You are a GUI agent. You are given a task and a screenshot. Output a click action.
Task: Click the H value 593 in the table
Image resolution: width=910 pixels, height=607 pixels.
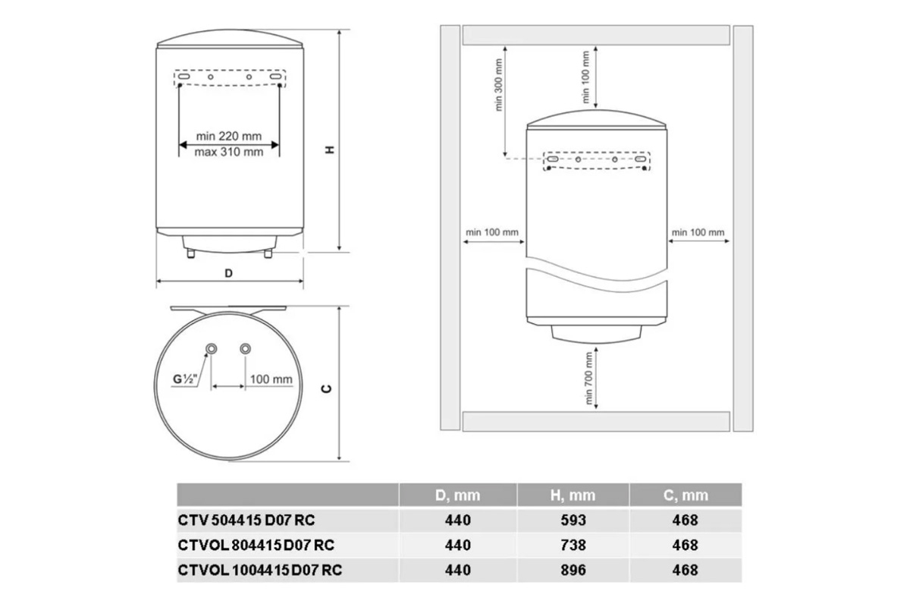coord(573,520)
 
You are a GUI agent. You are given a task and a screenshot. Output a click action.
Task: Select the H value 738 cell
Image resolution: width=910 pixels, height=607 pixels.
coord(573,545)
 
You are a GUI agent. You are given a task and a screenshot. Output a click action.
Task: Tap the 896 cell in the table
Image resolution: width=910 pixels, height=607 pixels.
coord(573,570)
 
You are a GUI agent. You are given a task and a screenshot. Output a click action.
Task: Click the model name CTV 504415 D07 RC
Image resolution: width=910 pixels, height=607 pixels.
coord(246,520)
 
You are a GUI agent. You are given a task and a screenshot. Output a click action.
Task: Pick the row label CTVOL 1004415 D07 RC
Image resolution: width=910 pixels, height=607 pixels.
coord(260,570)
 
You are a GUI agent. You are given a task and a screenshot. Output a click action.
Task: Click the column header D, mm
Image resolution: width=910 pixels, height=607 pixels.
coord(457,495)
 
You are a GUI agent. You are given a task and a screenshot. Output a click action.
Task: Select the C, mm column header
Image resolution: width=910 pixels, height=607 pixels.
coord(686,495)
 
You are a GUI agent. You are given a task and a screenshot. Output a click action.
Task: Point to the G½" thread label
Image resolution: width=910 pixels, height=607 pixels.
coord(185,379)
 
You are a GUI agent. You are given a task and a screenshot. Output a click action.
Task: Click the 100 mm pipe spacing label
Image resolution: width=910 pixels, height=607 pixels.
coord(271,379)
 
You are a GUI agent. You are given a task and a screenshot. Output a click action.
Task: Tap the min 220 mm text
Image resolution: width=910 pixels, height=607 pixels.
coord(229,136)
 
